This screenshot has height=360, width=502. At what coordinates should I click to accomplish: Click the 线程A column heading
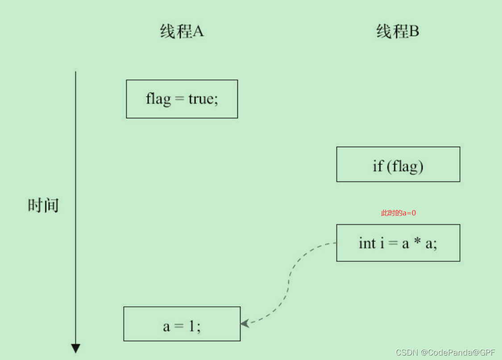[x=182, y=32]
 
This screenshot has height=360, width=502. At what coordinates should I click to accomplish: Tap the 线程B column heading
[x=398, y=32]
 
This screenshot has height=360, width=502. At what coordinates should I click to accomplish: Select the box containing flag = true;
[x=182, y=99]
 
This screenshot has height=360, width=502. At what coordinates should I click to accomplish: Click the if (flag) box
[x=398, y=164]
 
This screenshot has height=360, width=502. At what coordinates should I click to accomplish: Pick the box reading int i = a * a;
[x=398, y=243]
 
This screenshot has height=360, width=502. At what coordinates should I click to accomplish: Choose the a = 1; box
[x=182, y=324]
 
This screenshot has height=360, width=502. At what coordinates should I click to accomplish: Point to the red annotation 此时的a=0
[x=398, y=213]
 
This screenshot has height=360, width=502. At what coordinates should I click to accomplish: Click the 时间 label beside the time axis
[x=43, y=205]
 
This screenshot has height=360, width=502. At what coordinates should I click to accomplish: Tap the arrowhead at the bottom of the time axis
[x=75, y=348]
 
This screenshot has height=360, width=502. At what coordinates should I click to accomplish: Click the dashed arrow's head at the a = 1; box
[x=244, y=323]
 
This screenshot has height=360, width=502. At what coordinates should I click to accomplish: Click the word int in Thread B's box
[x=367, y=243]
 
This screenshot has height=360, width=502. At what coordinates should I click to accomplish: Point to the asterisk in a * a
[x=418, y=242]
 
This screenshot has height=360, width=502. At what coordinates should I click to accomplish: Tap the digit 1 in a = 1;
[x=191, y=326]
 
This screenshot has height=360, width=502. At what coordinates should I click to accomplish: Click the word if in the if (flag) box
[x=378, y=166]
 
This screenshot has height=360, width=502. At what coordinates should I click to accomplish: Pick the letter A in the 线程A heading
[x=198, y=32]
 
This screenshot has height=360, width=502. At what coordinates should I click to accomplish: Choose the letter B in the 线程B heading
[x=414, y=32]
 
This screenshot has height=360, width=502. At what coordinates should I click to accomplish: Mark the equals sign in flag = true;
[x=179, y=99]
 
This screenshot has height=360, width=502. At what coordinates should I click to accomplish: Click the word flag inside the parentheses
[x=405, y=166]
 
